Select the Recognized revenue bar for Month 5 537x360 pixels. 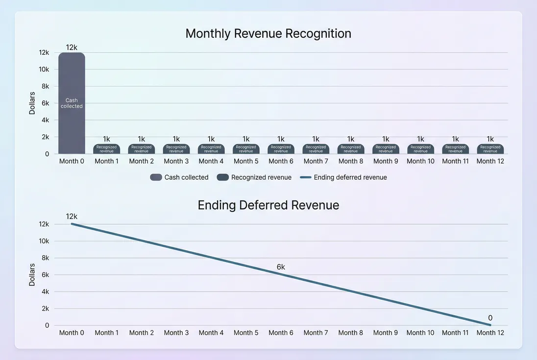[x=246, y=149]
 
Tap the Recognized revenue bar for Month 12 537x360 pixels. [x=490, y=149]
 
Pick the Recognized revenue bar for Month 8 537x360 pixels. [x=351, y=149]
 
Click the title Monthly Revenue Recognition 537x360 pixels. [x=268, y=34]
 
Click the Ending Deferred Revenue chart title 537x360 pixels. [x=268, y=205]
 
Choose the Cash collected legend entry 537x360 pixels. [x=179, y=177]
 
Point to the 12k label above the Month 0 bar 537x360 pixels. [x=72, y=48]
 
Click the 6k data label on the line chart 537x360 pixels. [x=281, y=267]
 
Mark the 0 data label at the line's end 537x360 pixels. [x=490, y=317]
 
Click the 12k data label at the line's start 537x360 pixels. [x=72, y=216]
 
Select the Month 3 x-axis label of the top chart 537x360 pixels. [x=176, y=161]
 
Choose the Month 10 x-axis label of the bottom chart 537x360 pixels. [x=420, y=333]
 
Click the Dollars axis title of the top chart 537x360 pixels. [x=32, y=103]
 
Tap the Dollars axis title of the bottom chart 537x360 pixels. [x=32, y=275]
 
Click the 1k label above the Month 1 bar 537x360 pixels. [x=106, y=139]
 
